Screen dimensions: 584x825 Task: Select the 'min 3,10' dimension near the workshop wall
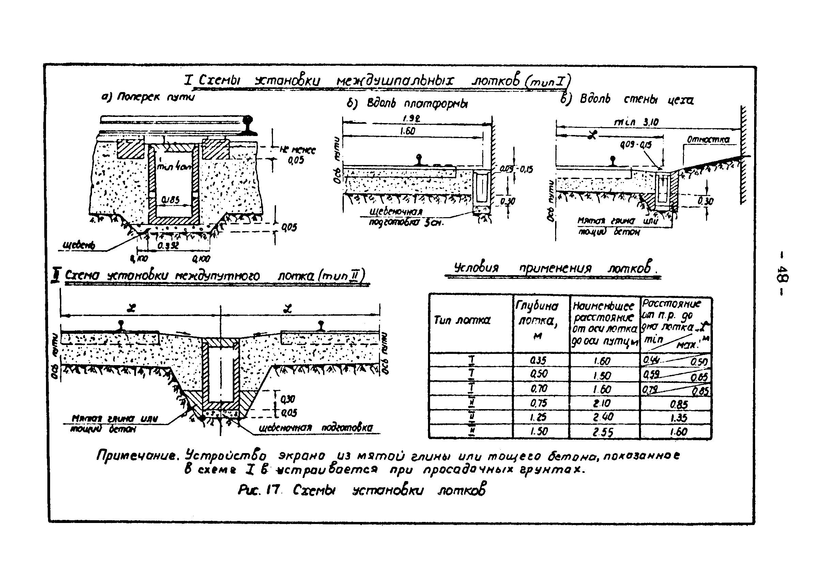click(x=636, y=122)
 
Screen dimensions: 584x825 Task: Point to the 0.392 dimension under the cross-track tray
click(x=168, y=245)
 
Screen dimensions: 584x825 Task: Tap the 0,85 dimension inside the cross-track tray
click(x=170, y=200)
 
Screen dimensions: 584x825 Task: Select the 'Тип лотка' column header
click(x=462, y=320)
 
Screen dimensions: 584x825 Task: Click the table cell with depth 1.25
click(x=538, y=417)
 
